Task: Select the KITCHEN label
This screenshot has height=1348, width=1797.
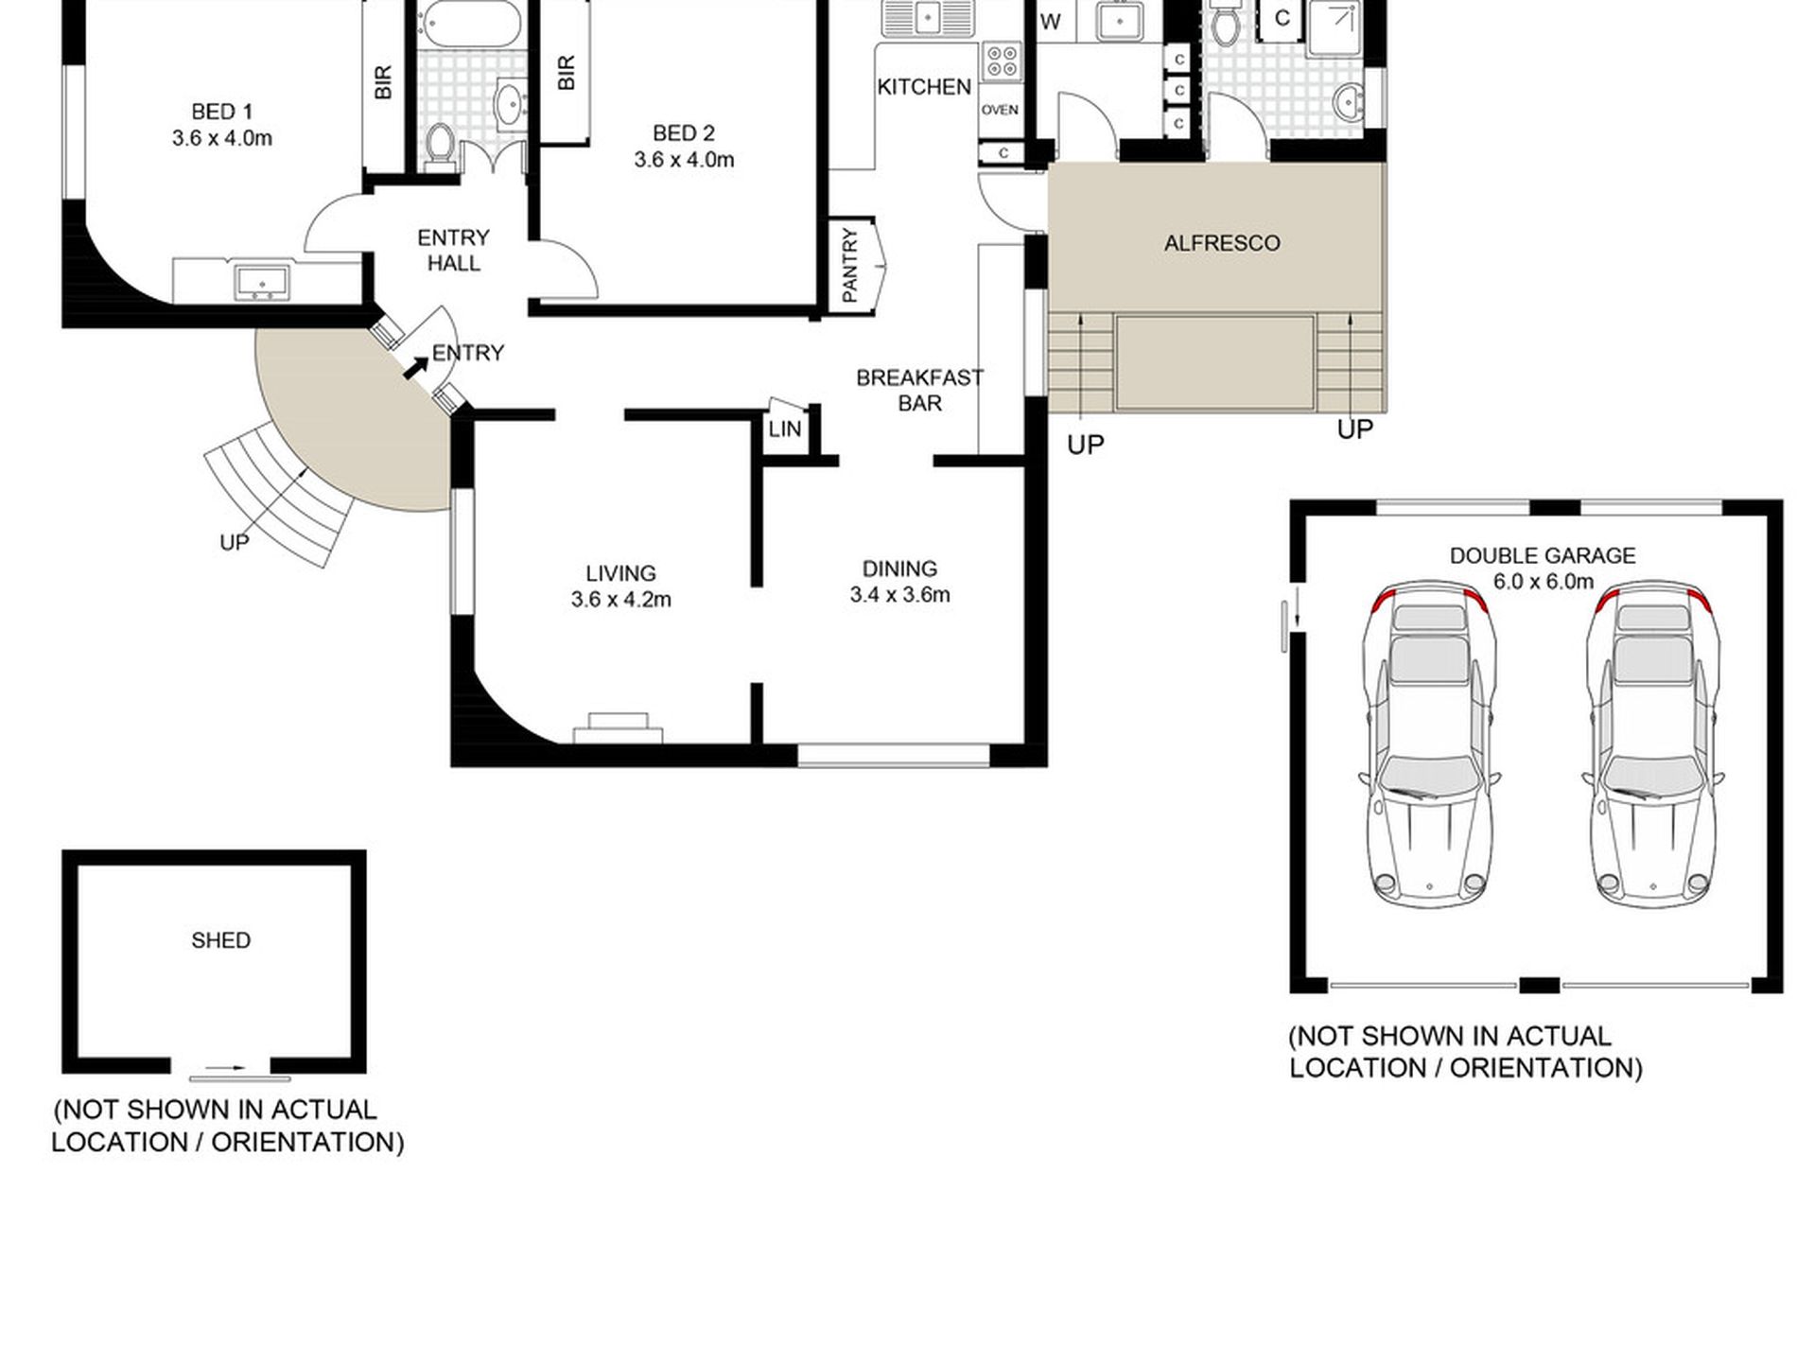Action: pyautogui.click(x=924, y=87)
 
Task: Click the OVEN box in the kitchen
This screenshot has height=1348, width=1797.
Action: pyautogui.click(x=1000, y=110)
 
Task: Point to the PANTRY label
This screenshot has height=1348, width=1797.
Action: pyautogui.click(x=849, y=265)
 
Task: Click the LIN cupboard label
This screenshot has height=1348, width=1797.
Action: pyautogui.click(x=785, y=429)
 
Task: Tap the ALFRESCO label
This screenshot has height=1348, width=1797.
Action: pyautogui.click(x=1222, y=243)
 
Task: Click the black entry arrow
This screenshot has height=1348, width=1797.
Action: pyautogui.click(x=415, y=368)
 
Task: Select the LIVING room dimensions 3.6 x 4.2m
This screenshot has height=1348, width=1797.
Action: pyautogui.click(x=620, y=600)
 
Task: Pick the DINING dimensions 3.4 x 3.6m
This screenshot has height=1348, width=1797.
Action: pyautogui.click(x=899, y=595)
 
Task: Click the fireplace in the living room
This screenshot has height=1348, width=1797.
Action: pyautogui.click(x=618, y=728)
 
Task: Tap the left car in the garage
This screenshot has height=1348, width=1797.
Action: pyautogui.click(x=1430, y=742)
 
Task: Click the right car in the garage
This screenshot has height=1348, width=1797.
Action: pyautogui.click(x=1653, y=742)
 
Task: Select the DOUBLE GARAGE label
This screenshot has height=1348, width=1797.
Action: pyautogui.click(x=1543, y=556)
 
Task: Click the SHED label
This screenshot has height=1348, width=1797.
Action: pyautogui.click(x=221, y=940)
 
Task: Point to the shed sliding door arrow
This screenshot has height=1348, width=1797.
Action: pyautogui.click(x=226, y=1068)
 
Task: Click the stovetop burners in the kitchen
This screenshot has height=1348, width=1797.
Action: pyautogui.click(x=1002, y=61)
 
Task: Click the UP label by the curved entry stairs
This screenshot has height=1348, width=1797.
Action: pyautogui.click(x=234, y=543)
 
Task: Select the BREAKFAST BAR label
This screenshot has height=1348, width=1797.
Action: pyautogui.click(x=919, y=391)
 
